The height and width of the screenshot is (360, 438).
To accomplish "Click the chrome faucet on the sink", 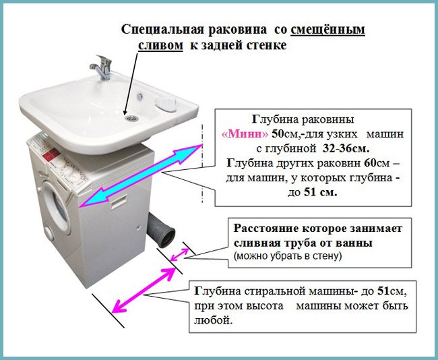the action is coord(102,67).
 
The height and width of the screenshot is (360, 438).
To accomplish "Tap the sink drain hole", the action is coord(131,118).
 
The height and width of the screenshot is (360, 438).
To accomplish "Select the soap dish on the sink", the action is coord(166,104).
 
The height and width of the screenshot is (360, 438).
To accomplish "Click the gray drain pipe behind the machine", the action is coord(162,230).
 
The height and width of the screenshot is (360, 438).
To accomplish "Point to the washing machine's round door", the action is coord(56,208).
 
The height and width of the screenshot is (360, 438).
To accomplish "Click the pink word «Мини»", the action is coord(245,134).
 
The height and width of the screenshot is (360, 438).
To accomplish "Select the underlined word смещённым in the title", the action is coord(327,30).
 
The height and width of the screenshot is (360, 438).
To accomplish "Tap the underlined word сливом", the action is coord(160,45).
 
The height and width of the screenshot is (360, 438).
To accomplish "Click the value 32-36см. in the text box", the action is coord(346,149).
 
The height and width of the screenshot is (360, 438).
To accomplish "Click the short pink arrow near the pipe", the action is coord(179,255).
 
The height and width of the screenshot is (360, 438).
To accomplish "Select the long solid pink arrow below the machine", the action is coord(144,290).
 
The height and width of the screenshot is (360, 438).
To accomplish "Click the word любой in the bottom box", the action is coord(213,320).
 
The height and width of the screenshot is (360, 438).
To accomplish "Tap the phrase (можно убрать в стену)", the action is coord(288,256).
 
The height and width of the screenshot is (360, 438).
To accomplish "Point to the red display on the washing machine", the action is coord(51,154).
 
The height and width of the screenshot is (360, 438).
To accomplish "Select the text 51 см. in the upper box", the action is coord(320,192).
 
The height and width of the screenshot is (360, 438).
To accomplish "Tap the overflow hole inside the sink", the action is coord(139,96).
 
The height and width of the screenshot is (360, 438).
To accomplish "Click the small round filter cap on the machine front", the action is coord(49,233).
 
